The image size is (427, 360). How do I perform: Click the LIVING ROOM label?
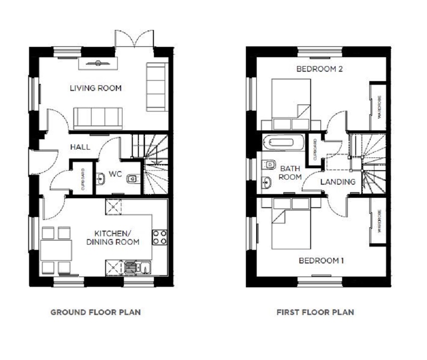[x=96, y=88]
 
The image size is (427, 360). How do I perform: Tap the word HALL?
[x=80, y=147]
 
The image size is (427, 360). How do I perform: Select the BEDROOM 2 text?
[x=320, y=69]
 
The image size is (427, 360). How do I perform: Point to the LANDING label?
[x=338, y=181]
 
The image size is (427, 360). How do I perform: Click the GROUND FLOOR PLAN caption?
[x=95, y=312]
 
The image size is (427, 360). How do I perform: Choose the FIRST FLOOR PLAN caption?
[x=315, y=312]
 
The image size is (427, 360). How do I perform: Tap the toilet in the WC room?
[x=132, y=178]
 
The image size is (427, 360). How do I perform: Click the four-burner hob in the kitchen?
[x=160, y=237]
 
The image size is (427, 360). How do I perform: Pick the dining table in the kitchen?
[x=56, y=250]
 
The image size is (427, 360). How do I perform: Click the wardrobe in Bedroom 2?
[x=378, y=106]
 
